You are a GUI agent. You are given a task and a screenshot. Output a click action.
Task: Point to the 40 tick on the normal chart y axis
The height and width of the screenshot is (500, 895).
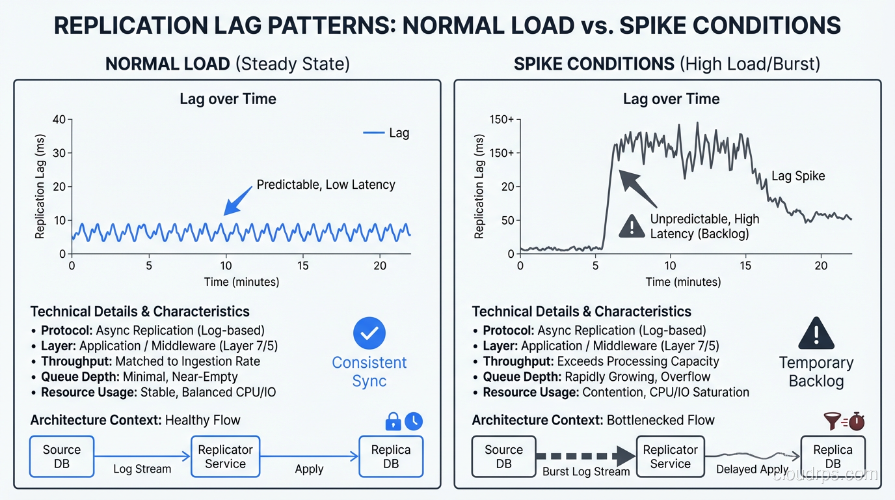pyautogui.click(x=59, y=120)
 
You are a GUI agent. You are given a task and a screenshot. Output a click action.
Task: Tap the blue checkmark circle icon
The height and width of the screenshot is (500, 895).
pyautogui.click(x=369, y=333)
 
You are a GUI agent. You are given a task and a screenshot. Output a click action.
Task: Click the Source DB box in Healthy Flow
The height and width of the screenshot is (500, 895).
pyautogui.click(x=62, y=456)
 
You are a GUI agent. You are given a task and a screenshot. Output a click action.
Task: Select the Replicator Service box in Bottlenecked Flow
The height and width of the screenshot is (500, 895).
pyautogui.click(x=670, y=456)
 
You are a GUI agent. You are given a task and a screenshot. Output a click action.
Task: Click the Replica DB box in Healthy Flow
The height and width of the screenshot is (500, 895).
pyautogui.click(x=391, y=456)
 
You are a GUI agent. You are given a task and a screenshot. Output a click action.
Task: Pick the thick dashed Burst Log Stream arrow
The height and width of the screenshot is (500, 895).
pyautogui.click(x=585, y=456)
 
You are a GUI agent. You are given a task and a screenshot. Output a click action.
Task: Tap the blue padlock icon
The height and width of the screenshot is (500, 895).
pyautogui.click(x=393, y=423)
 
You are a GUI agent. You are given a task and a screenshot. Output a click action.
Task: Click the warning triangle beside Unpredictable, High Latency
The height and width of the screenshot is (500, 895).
pyautogui.click(x=632, y=226)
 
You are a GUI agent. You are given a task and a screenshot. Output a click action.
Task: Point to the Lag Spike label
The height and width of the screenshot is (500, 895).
pyautogui.click(x=797, y=176)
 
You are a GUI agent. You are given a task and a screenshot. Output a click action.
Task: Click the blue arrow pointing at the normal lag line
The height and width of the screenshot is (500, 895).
pyautogui.click(x=237, y=200)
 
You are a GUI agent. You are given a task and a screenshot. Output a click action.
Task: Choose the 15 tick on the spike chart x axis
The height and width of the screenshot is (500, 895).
pyautogui.click(x=745, y=266)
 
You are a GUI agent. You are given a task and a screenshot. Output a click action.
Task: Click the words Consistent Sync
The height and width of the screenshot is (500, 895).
pyautogui.click(x=369, y=372)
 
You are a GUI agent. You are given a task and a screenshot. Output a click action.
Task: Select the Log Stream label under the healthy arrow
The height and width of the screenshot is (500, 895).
pyautogui.click(x=142, y=469)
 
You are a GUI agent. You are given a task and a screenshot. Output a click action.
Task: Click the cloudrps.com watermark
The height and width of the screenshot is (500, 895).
pyautogui.click(x=825, y=475)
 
